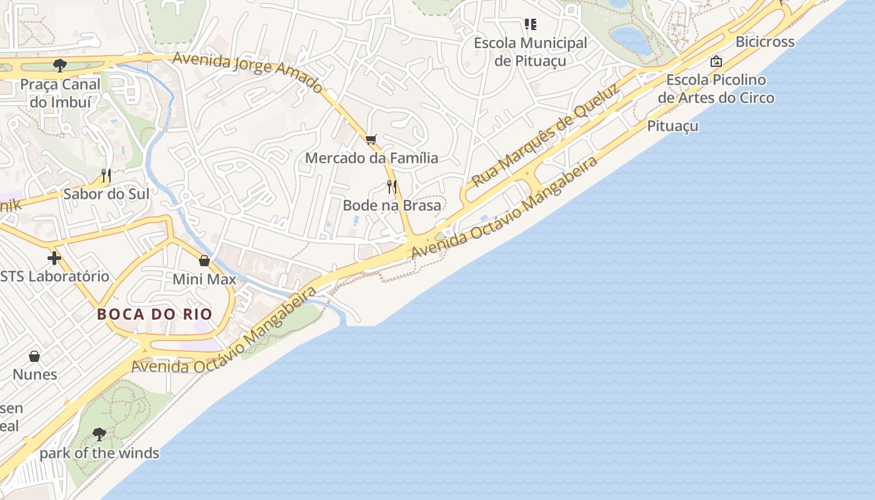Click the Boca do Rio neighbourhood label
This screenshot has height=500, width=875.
point(154,314)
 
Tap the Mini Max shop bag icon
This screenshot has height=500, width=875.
point(204,261)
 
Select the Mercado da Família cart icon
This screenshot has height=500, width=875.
point(371,139)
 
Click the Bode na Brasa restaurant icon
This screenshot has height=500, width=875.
point(392,186)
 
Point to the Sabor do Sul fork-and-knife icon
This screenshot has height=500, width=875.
point(106,176)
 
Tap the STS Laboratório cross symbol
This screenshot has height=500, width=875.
point(54,257)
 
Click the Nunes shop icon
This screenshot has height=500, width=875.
point(35,356)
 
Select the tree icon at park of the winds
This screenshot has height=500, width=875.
point(99,434)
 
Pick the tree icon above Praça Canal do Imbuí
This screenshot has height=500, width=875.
point(60,65)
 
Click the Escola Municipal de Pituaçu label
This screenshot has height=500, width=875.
point(531,52)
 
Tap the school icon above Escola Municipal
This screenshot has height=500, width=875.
point(531,24)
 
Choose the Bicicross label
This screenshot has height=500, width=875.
point(765,42)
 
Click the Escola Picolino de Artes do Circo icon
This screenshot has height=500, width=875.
point(716,61)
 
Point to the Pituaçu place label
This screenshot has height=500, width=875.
point(672,126)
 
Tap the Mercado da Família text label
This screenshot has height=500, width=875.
point(371,158)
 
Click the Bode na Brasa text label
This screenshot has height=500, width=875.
point(392,205)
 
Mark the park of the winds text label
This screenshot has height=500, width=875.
point(99,453)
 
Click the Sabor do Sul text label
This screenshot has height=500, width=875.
point(106,194)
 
